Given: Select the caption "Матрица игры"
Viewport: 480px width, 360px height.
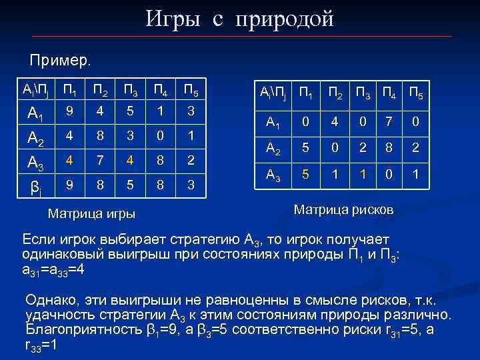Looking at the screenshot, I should (92, 214).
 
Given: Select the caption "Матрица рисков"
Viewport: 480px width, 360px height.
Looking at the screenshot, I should (343, 209).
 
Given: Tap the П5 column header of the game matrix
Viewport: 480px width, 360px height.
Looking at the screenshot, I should (189, 90).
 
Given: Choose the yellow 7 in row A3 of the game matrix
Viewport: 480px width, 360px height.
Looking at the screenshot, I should (99, 160).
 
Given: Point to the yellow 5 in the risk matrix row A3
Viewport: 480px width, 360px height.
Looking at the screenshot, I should (305, 175).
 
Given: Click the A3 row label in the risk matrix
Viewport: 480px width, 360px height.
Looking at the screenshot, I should (273, 175).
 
